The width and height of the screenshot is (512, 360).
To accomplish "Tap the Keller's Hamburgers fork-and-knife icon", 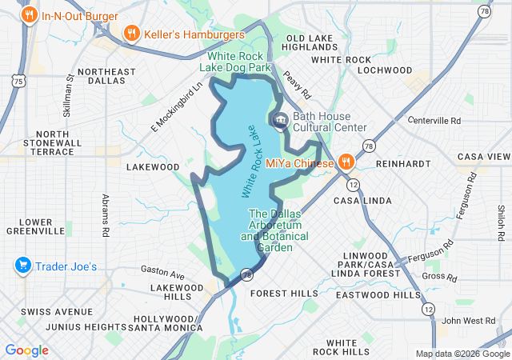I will click(x=131, y=34).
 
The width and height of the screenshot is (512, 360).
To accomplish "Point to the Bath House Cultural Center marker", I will click(x=281, y=122).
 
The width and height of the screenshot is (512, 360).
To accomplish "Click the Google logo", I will click(x=27, y=350).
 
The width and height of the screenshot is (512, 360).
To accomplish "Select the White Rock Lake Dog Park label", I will click(x=240, y=62).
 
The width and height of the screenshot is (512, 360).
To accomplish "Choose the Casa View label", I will click(x=483, y=157).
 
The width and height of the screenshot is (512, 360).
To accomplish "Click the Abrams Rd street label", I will click(x=105, y=216).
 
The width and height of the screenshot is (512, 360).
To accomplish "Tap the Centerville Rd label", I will click(x=434, y=121).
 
